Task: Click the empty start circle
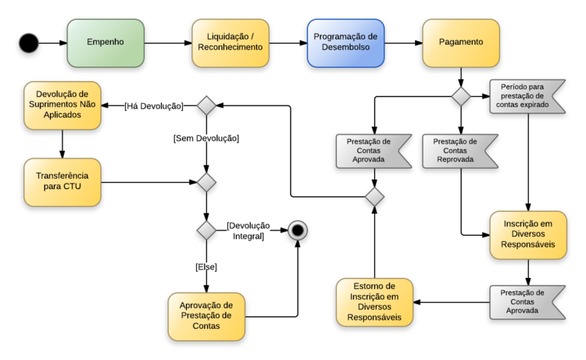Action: (29, 43)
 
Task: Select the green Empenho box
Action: (106, 42)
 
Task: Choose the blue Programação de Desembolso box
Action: (345, 42)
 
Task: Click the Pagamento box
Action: (460, 42)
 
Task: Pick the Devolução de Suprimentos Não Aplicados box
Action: (63, 105)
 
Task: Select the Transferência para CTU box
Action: (63, 183)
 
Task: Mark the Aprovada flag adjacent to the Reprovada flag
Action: (370, 151)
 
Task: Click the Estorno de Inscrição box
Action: (374, 301)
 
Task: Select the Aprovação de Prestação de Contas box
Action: (206, 315)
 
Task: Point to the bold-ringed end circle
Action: (297, 230)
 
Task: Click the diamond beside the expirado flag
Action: (461, 97)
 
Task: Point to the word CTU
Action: (80, 188)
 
